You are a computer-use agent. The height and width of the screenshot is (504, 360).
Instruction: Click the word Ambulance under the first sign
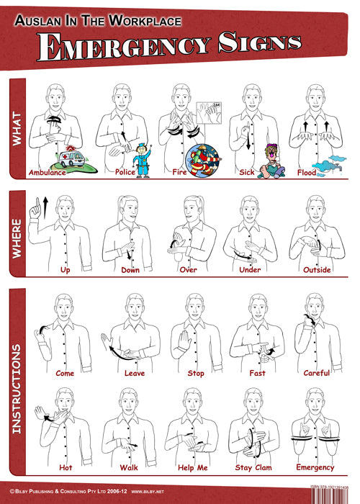pos(47,173)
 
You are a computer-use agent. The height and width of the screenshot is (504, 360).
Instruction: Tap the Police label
pos(125,173)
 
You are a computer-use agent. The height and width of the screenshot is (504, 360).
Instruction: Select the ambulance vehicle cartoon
pos(54,158)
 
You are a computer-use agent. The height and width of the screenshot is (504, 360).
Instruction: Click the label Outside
pos(317,271)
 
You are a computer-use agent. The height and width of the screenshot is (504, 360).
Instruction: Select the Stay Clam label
pos(253,467)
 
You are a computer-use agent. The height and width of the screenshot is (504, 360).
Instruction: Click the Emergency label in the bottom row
pos(315,467)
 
